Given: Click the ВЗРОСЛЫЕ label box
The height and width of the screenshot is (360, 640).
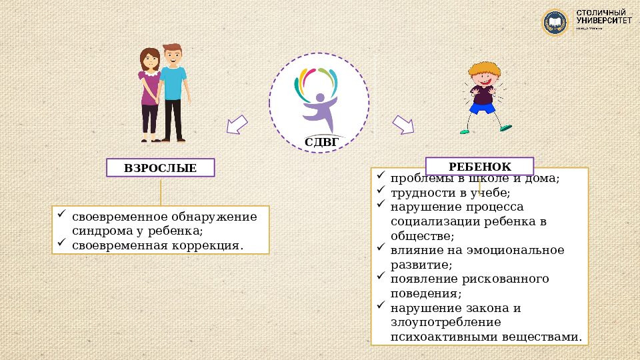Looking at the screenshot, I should tap(161, 167).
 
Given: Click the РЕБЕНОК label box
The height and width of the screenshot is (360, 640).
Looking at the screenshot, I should tap(480, 167).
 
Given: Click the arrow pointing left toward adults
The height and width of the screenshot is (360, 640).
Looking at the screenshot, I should tap(237, 124).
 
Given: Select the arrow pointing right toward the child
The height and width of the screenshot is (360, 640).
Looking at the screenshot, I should tap(403, 124).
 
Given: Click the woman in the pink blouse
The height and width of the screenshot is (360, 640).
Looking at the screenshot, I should tap(150, 93).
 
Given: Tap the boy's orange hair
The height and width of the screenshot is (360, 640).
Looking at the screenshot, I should tap(483, 69).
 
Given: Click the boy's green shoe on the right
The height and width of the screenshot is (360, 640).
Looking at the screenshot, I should tap(506, 127).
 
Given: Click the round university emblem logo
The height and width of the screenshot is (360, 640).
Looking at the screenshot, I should tap(554, 23).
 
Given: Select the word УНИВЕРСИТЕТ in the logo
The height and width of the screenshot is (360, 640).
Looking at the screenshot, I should tap(603, 21).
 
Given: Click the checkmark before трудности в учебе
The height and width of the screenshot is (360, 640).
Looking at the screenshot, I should tap(380, 191).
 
